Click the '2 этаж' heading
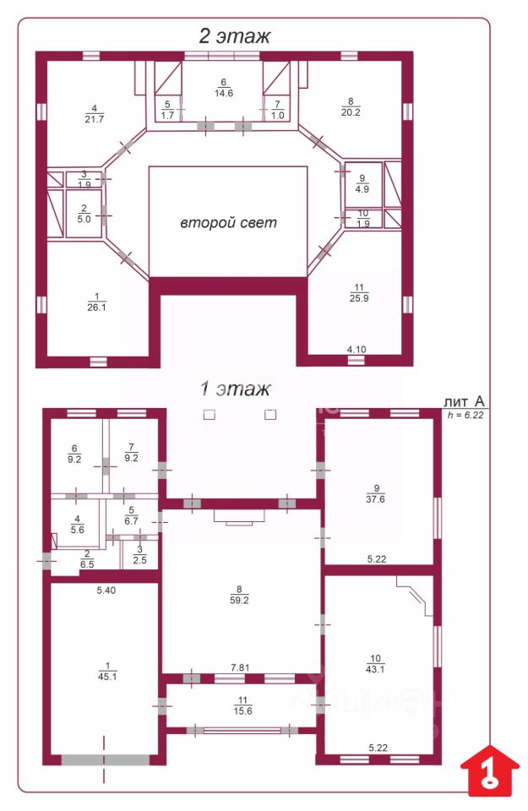click(x=235, y=36)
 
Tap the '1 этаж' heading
click(x=236, y=389)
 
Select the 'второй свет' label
click(x=229, y=223)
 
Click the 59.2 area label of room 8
click(x=239, y=601)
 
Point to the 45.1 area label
click(x=107, y=677)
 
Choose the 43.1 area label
click(x=375, y=669)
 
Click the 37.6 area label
click(x=375, y=499)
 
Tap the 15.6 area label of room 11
click(x=242, y=710)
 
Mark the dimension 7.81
click(x=240, y=667)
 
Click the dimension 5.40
click(x=106, y=591)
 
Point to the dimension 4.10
click(x=357, y=349)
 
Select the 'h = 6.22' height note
click(x=465, y=414)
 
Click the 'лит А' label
click(x=465, y=401)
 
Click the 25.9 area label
click(x=359, y=298)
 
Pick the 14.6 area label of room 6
click(x=223, y=93)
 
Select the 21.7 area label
click(x=94, y=119)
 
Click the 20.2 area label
click(x=351, y=112)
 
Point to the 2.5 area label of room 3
click(x=139, y=560)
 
